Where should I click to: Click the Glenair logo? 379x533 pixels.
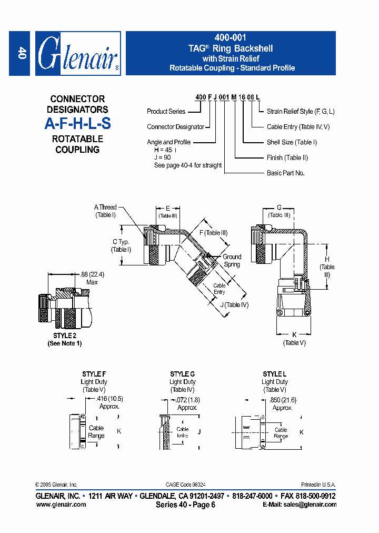click(78, 54)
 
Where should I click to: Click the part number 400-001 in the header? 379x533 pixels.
click(230, 38)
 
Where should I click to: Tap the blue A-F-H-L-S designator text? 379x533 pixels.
click(77, 124)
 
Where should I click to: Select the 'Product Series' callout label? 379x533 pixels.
click(166, 112)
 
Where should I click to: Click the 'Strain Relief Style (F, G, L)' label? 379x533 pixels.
click(301, 112)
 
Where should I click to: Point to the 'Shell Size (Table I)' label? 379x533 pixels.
click(292, 142)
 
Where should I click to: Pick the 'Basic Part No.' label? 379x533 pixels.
click(286, 173)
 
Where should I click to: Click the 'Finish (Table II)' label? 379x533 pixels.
click(287, 157)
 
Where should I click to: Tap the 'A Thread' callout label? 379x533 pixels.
click(105, 208)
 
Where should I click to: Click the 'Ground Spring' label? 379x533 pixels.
click(232, 260)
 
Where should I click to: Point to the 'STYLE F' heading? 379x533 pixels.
click(94, 374)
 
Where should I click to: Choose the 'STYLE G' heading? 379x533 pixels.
click(182, 374)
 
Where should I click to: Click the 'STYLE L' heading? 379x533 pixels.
click(274, 374)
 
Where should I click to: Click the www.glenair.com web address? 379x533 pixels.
click(61, 504)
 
